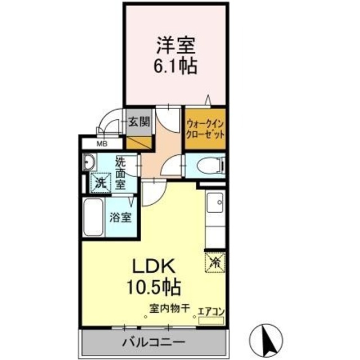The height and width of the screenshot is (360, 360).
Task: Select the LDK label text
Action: tap(148, 266)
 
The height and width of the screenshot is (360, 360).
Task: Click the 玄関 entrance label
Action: tap(138, 121)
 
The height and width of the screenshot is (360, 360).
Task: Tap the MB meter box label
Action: tap(102, 144)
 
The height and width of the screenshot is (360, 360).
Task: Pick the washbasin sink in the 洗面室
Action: tap(89, 164)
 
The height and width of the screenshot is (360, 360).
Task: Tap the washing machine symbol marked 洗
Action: tap(100, 182)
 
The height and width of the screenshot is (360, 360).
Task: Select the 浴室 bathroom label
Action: tap(121, 217)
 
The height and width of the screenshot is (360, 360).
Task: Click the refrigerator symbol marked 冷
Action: tap(215, 260)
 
